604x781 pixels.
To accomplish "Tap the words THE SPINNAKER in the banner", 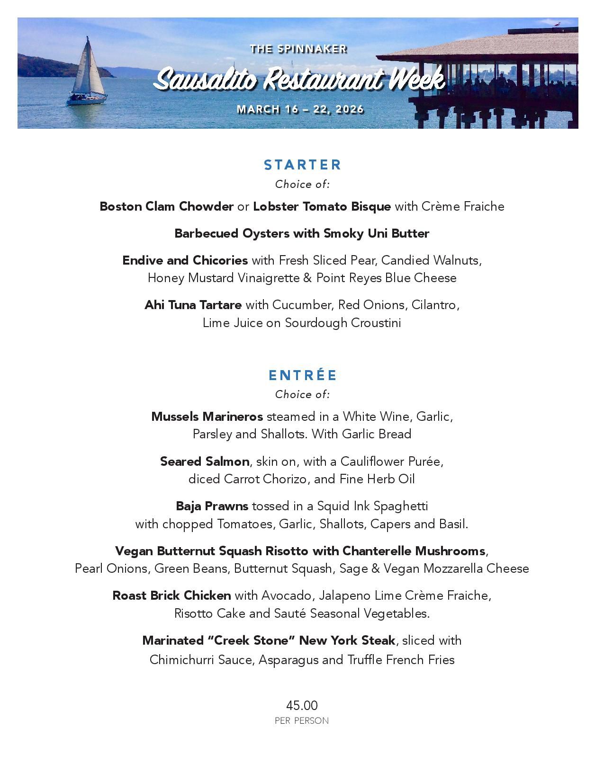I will point(298,49).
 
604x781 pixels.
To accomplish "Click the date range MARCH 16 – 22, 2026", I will point(300,109).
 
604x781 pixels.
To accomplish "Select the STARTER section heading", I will point(302,165).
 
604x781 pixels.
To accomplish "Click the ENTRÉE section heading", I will point(302,375).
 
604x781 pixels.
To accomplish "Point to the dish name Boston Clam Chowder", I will point(166,206).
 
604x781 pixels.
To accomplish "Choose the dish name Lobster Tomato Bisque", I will point(322,206).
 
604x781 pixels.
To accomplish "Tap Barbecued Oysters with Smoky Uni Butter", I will point(302,233).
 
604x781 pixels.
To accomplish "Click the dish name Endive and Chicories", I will point(185,260).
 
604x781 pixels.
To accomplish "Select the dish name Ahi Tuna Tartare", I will point(193,305).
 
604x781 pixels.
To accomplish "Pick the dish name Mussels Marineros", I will point(207,417).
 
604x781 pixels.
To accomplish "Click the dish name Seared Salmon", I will point(205,461).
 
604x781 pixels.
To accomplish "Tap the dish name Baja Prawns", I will point(212,506).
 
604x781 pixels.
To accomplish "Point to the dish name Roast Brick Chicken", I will point(171,595).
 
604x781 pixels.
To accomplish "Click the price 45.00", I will point(302,706).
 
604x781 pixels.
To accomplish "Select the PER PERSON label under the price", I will point(302,721).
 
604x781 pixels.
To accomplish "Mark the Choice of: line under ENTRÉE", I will point(302,394).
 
